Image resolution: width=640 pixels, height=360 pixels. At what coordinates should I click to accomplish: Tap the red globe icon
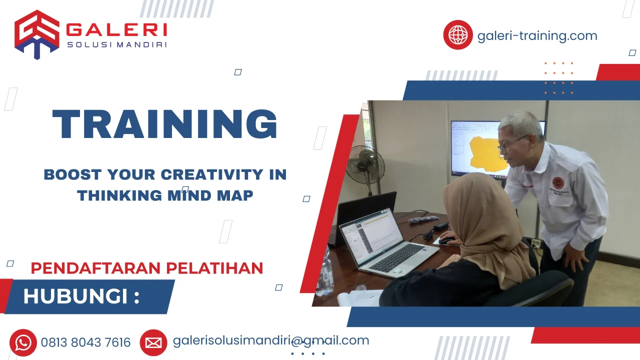tap(457, 35)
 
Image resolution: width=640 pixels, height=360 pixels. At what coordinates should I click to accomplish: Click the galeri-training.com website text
tap(537, 36)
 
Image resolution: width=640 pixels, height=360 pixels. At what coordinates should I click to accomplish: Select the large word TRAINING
tap(164, 124)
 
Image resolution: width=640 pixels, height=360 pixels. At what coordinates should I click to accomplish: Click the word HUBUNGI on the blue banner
tap(75, 296)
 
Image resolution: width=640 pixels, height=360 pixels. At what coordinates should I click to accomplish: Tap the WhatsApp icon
tap(23, 342)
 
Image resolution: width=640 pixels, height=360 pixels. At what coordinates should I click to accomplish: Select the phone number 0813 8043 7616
tap(85, 342)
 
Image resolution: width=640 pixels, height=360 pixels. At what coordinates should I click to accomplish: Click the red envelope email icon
tap(153, 342)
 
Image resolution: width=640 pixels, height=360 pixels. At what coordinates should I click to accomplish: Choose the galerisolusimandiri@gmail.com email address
tap(270, 340)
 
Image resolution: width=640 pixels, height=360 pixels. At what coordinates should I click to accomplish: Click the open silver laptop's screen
tap(372, 235)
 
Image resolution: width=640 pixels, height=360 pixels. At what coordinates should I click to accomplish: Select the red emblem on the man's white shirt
tap(557, 182)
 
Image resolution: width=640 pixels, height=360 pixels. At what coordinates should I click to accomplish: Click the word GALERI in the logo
tap(116, 30)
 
